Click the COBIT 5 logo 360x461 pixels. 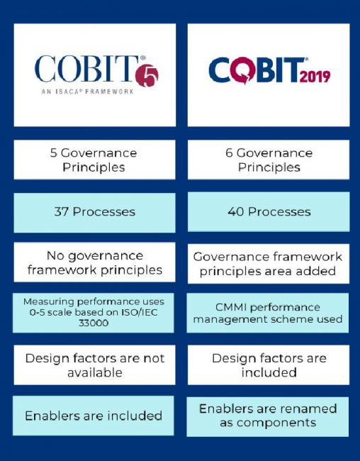[x=96, y=73]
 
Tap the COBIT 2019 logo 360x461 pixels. [x=269, y=71]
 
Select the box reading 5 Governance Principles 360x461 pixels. [x=94, y=160]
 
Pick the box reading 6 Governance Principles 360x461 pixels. [x=269, y=160]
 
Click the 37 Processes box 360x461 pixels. [x=94, y=211]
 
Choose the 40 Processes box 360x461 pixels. [x=269, y=211]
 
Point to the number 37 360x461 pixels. [x=62, y=211]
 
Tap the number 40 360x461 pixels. [x=237, y=211]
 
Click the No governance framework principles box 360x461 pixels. [x=94, y=262]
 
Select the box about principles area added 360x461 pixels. [x=269, y=263]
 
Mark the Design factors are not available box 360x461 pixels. [x=94, y=365]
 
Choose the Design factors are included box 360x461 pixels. [x=269, y=365]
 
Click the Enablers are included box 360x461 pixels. [x=94, y=416]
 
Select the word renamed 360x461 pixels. [x=305, y=409]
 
